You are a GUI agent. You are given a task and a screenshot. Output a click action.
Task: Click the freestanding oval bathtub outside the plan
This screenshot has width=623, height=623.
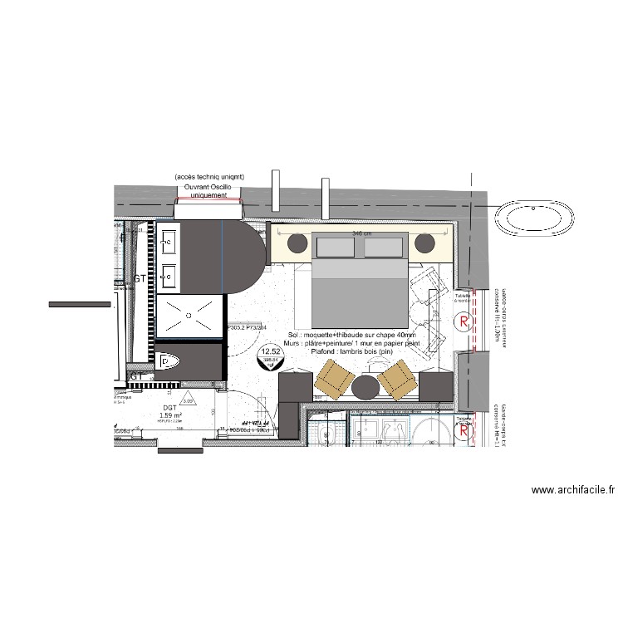pos(535,219)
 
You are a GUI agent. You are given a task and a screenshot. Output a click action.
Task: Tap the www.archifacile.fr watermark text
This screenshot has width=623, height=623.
pos(573,491)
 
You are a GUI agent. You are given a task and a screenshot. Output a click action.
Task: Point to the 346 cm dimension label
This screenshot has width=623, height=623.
pos(362,234)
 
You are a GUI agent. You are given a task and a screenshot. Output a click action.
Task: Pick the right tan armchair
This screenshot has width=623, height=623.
pos(397,380)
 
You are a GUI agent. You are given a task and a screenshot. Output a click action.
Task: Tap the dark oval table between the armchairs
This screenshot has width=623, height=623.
pos(365,386)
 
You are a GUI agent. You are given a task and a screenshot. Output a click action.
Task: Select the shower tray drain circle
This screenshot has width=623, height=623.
pos(190,316)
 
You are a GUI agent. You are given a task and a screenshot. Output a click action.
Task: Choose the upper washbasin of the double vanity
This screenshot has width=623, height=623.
pos(169,243)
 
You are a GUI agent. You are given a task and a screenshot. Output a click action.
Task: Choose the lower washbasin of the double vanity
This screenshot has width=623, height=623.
pos(169,272)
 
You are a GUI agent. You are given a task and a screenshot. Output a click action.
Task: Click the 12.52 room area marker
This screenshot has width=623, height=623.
pos(271,356)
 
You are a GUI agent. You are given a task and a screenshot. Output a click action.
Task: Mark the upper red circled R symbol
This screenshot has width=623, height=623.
pos(464,321)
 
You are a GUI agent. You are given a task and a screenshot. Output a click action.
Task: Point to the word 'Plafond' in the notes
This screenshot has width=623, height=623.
pos(324,352)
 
